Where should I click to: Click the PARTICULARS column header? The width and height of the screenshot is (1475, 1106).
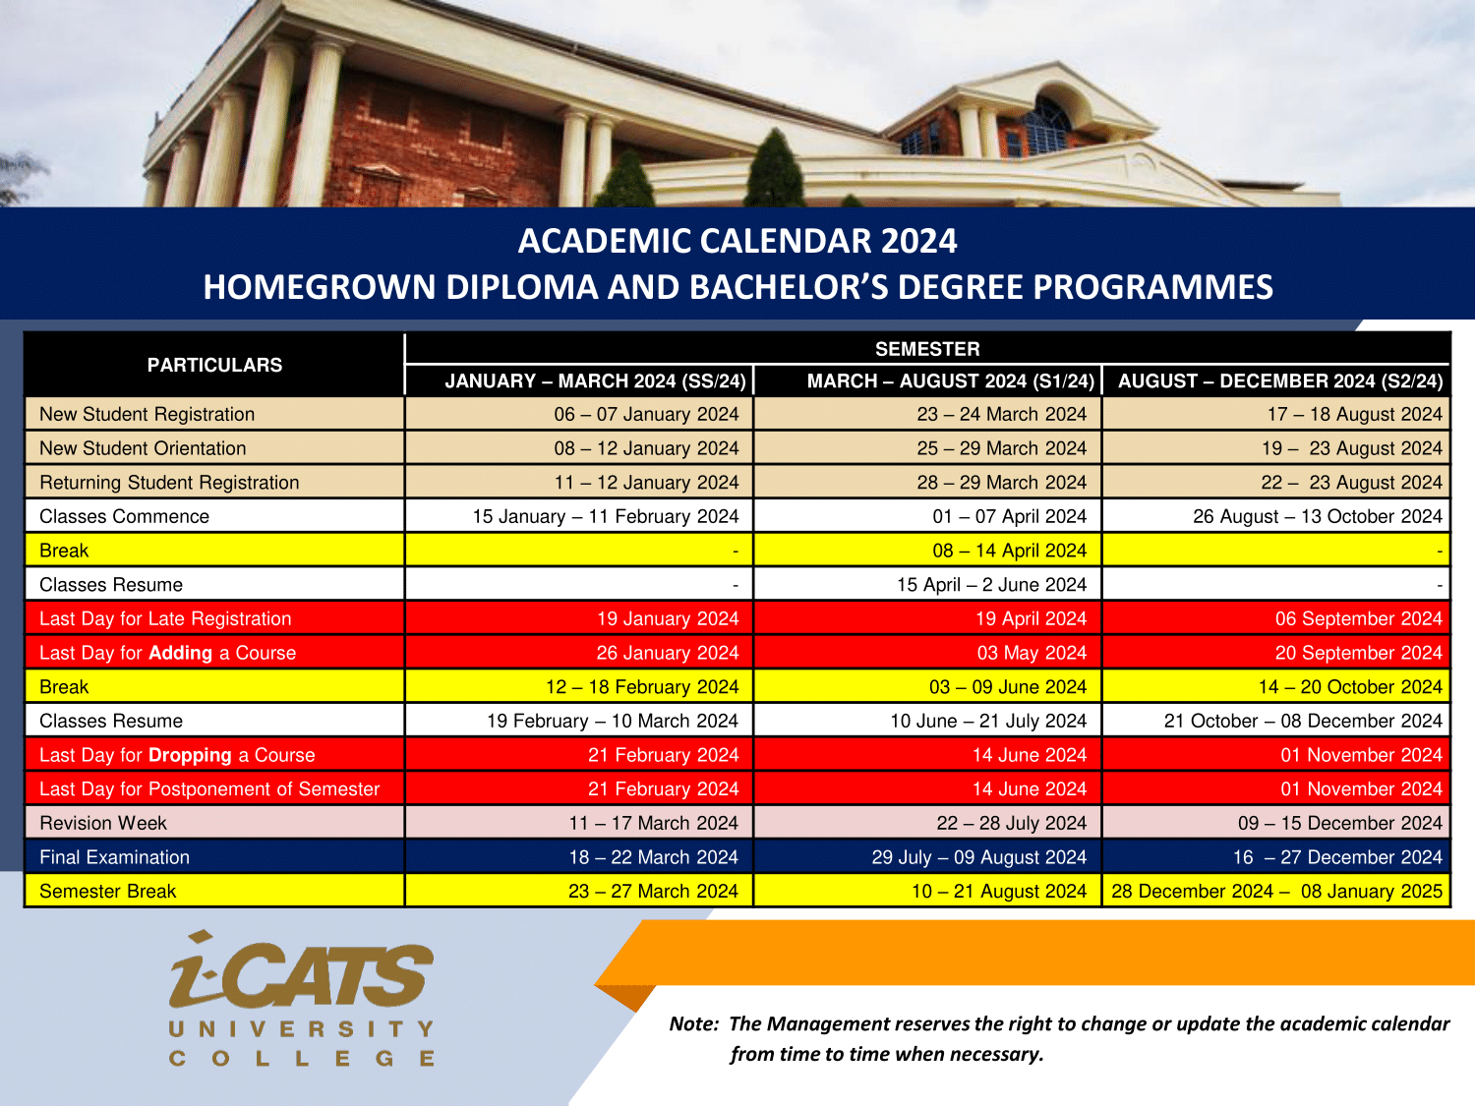pos(214,365)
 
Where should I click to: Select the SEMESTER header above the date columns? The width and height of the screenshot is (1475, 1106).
pos(927,349)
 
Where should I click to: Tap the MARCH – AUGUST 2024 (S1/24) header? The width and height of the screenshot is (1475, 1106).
pos(951,380)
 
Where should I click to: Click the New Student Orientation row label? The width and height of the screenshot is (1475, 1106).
pos(143,448)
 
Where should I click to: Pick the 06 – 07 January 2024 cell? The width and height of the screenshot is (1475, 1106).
pos(646,414)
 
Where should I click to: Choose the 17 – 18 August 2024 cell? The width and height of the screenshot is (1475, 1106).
pos(1355,414)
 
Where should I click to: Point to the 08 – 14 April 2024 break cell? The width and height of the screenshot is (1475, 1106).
pos(1009,551)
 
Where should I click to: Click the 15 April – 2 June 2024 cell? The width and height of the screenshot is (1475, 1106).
pos(992,585)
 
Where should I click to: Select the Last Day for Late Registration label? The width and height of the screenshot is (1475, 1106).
pos(165,618)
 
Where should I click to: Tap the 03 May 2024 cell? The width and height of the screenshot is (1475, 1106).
pos(1032,653)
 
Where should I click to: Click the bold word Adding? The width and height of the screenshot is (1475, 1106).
pos(180,654)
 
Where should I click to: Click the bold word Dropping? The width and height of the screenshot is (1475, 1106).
pos(190,755)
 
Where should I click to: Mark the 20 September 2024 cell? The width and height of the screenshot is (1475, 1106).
pos(1359,653)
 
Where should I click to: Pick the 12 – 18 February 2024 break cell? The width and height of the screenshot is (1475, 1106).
pos(642,687)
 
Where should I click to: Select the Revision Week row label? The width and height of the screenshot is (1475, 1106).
pos(103,823)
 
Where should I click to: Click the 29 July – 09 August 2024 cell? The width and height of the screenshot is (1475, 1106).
pos(979,857)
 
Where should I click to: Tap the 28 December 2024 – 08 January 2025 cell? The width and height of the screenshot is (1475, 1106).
pos(1276,891)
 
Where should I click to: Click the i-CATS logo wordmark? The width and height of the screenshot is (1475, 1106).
pos(301,970)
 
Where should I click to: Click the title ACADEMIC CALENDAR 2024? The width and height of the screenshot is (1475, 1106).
pos(737,241)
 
